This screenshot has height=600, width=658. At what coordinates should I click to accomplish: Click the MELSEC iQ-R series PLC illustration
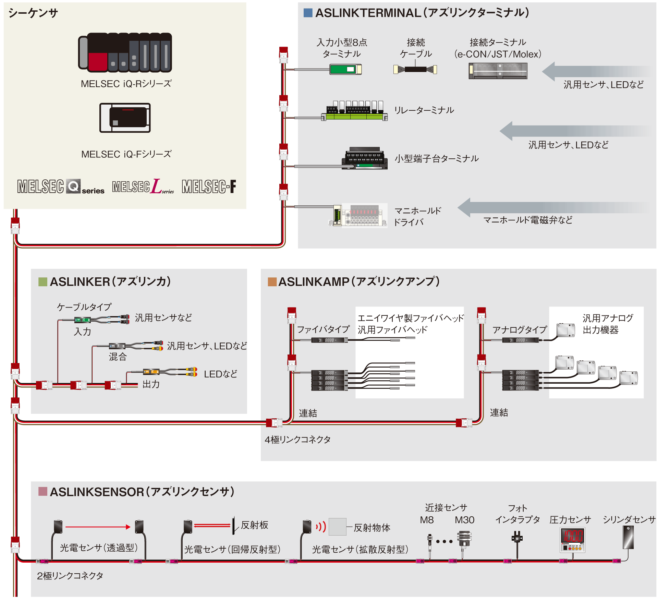pos(125,52)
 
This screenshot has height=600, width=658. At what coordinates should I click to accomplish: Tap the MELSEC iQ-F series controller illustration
pos(125,118)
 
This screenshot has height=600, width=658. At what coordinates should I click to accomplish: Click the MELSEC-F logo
pos(209,187)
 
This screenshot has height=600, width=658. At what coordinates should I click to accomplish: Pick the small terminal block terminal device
pos(365,159)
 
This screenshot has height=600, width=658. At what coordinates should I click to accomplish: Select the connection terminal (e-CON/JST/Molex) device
pos(498,71)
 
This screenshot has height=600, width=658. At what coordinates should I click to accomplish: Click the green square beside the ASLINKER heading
pos(42,282)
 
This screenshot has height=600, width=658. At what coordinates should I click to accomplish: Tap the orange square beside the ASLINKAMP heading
pos(272,282)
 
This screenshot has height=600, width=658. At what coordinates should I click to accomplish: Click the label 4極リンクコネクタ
pos(297,440)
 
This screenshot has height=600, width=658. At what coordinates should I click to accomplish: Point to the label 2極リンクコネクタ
pos(70,576)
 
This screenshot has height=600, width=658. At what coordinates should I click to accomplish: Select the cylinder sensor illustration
pos(628,537)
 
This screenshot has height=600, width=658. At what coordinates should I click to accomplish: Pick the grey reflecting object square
pos(337,527)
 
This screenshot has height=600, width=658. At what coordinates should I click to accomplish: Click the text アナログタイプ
pos(520,330)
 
